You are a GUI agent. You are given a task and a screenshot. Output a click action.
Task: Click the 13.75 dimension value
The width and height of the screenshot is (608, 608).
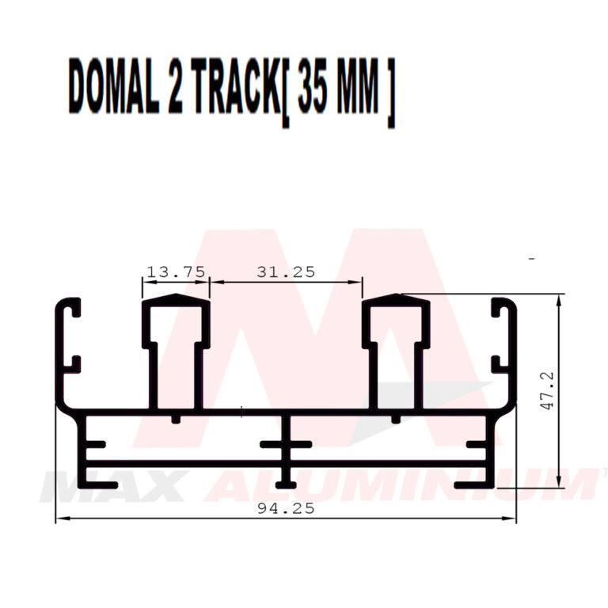(176, 272)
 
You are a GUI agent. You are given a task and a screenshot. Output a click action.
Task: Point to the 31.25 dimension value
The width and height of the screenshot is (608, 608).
(286, 272)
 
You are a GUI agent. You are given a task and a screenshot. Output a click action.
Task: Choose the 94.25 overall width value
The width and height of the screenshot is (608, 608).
(286, 509)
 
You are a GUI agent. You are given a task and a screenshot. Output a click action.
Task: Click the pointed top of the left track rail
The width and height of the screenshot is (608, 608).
(176, 298)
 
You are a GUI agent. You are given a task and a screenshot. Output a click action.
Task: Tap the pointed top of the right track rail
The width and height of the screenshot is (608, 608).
(396, 298)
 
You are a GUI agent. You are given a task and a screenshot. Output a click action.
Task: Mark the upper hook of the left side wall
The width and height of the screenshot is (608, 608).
(71, 309)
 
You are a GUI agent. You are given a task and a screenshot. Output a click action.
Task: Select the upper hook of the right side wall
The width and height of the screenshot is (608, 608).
(500, 309)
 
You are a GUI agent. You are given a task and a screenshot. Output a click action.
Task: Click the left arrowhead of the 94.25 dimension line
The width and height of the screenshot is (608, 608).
(59, 519)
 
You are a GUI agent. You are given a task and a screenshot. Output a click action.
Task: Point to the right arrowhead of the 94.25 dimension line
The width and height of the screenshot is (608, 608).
(512, 519)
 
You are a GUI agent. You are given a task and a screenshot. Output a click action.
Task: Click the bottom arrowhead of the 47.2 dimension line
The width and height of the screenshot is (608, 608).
(560, 484)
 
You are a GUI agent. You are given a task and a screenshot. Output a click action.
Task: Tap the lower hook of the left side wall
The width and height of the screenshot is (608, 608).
(71, 363)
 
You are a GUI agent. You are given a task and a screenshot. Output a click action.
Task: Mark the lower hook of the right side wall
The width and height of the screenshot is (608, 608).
(500, 363)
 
